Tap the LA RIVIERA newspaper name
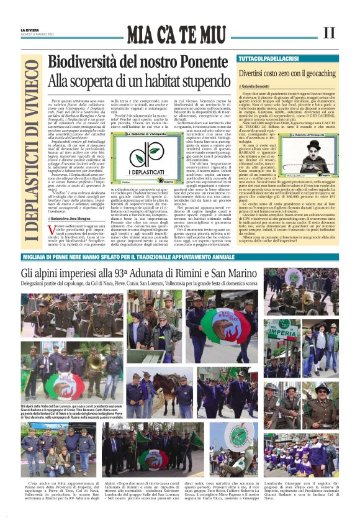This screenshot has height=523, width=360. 29,29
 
